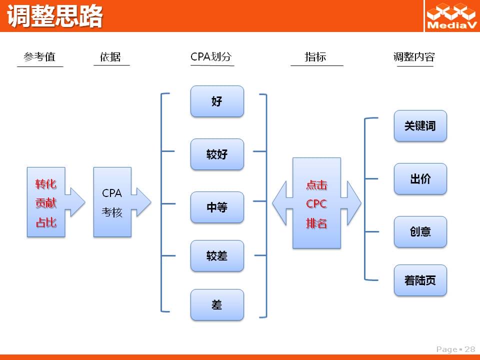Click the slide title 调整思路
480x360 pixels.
55,16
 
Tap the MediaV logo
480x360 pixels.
451,16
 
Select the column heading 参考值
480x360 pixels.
39,57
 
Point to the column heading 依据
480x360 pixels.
110,57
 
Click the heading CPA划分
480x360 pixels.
211,56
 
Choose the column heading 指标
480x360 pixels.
315,57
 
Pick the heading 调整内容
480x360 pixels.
414,57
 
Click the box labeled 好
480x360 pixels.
217,101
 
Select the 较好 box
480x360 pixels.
217,154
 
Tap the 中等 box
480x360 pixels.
217,207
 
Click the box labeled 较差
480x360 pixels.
217,256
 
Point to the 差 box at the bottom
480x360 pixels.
217,305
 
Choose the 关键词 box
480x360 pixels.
420,126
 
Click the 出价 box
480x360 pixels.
420,179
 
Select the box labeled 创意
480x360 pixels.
420,231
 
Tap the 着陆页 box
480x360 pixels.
420,280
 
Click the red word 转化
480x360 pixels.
46,184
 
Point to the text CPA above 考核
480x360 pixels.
111,193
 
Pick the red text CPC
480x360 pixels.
316,204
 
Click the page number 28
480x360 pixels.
470,349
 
